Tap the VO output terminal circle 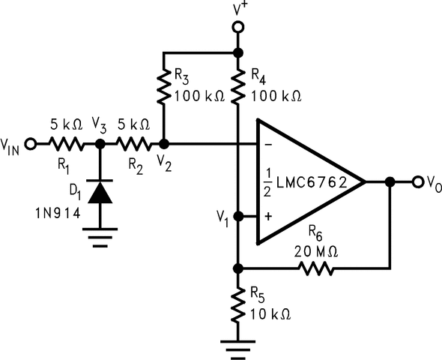(417, 181)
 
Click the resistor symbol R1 (66, 143)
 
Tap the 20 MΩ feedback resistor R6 (318, 267)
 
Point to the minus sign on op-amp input (268, 144)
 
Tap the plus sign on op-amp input (268, 217)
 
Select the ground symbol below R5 (237, 346)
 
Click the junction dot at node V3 (99, 143)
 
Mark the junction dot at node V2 (164, 143)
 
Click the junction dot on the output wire (390, 181)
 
